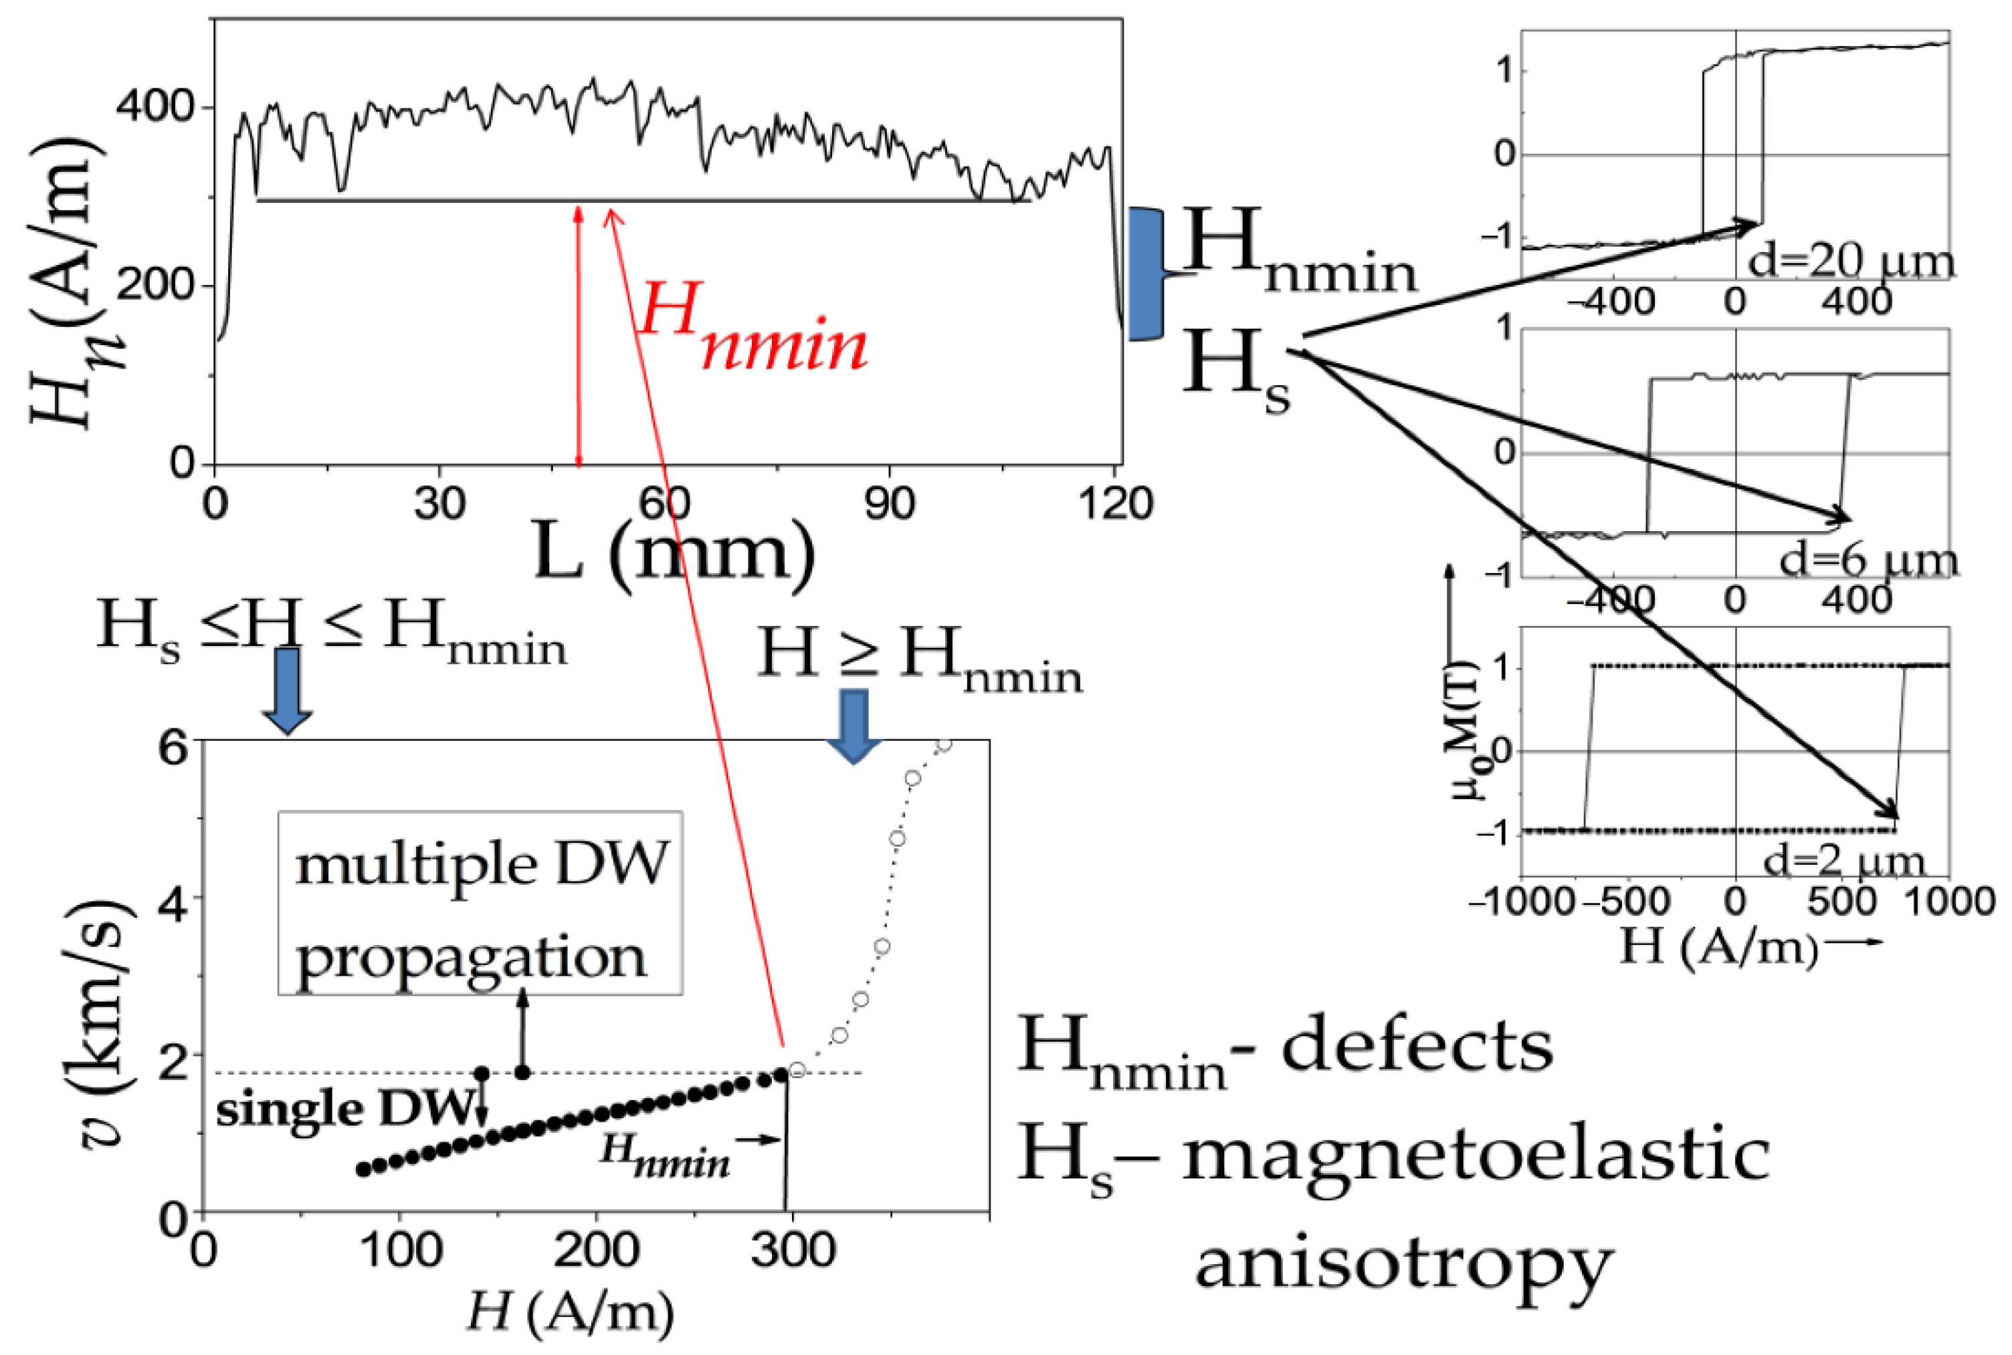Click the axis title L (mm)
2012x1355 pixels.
pos(674,551)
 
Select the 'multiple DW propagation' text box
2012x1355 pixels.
pos(480,903)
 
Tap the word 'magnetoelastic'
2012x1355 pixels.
pos(1474,1156)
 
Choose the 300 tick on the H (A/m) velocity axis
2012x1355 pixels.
pos(793,1249)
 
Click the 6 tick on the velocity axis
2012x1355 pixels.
pos(172,746)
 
